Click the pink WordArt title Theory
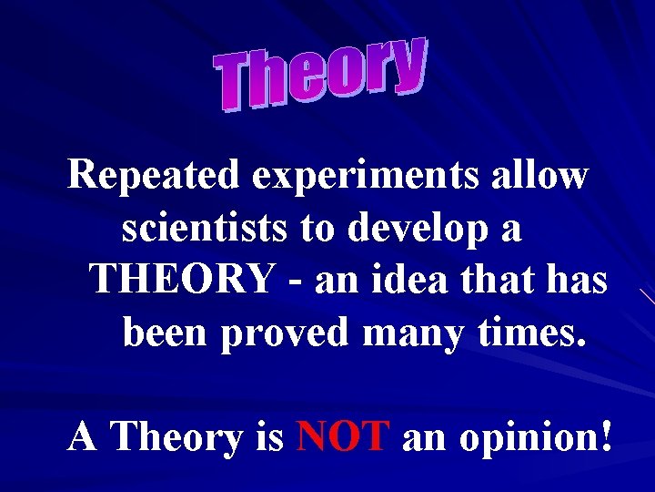point(321,72)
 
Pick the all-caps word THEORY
point(181,280)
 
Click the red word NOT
point(344,437)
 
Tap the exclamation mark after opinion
point(605,437)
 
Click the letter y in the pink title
point(408,64)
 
